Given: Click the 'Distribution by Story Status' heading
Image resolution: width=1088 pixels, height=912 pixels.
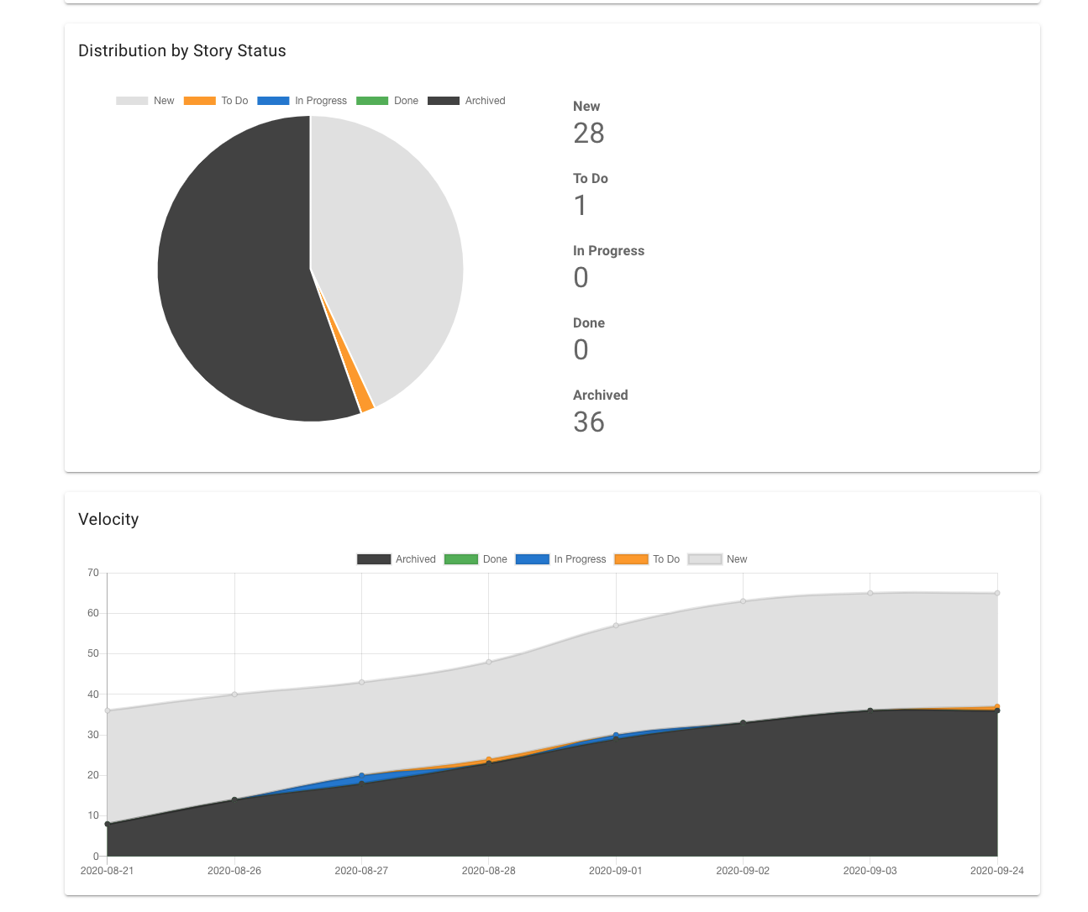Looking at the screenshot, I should (182, 51).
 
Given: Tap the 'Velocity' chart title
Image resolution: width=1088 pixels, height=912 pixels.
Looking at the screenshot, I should (108, 520).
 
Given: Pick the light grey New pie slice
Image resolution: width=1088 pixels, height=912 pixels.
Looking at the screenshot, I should (386, 244).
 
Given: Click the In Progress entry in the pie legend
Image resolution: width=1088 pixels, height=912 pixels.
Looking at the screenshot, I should (302, 101).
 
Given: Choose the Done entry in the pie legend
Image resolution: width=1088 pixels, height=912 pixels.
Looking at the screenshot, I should (387, 101).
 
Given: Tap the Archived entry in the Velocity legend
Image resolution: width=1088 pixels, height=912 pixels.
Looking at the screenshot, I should (397, 559).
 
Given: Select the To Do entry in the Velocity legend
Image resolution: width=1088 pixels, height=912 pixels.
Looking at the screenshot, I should (647, 559).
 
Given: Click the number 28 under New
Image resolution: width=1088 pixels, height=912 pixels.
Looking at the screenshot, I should (589, 134).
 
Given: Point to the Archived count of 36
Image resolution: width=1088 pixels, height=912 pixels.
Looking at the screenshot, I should (589, 422).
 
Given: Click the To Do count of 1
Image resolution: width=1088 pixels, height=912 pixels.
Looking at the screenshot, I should (581, 206).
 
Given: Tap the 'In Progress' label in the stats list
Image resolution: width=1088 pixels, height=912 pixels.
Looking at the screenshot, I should (608, 251).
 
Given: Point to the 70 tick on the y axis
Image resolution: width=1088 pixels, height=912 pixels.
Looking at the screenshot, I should (93, 573).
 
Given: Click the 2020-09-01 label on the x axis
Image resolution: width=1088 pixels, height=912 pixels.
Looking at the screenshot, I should (616, 871).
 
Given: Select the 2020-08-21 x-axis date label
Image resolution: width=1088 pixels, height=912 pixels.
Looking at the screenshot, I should (108, 871).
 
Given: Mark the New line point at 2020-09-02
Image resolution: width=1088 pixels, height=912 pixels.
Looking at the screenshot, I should (743, 601).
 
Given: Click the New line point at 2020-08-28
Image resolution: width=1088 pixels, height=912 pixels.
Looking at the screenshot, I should (489, 662).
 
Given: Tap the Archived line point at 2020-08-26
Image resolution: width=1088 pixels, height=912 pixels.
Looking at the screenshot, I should (234, 799).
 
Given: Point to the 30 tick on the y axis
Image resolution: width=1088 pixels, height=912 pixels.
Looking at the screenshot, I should (93, 735).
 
